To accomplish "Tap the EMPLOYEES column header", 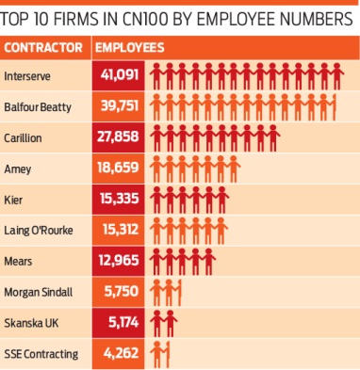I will tap(130, 47).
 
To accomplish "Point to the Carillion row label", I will tap(24, 137).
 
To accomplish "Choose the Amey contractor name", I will tap(18, 169).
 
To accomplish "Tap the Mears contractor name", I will tap(18, 262).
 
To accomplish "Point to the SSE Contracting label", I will tap(41, 355).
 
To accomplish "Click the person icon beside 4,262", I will tap(162, 355).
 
